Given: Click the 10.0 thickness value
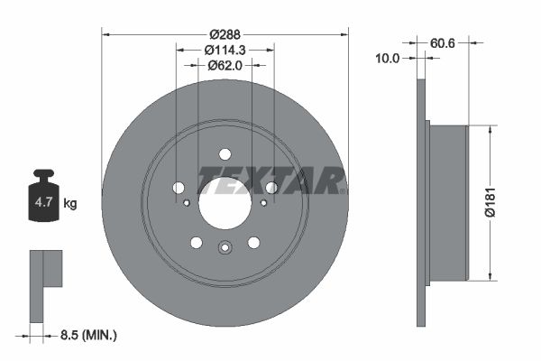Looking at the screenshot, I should [x=389, y=58].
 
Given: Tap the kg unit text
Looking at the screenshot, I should [x=69, y=203].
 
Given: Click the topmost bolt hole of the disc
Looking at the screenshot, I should [x=225, y=153].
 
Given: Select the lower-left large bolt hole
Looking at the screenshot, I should [x=197, y=242].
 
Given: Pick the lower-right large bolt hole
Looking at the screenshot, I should [x=254, y=242].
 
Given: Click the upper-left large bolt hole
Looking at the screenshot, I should [x=179, y=187].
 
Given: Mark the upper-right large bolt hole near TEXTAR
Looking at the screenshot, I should [x=271, y=187].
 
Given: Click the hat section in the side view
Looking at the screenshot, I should [x=446, y=202].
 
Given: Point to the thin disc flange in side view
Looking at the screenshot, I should [x=419, y=202].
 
